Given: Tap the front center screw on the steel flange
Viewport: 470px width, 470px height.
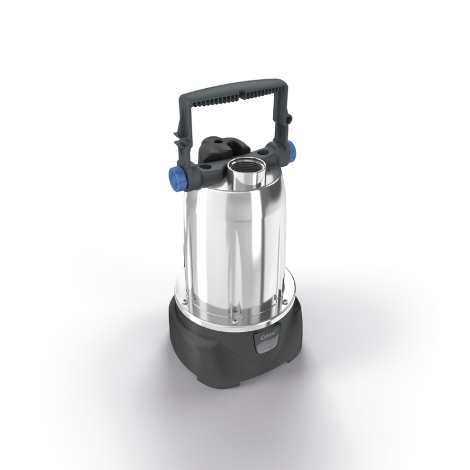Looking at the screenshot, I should pyautogui.click(x=234, y=320).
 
